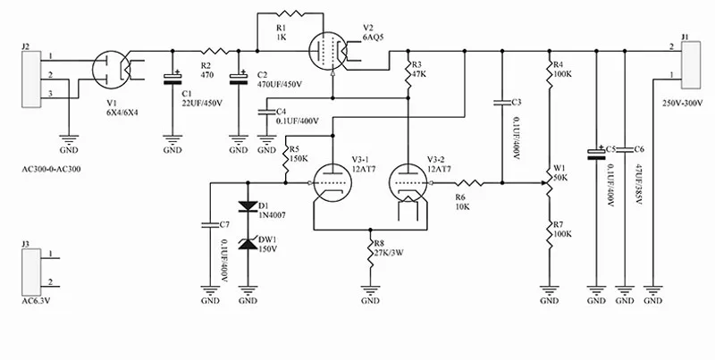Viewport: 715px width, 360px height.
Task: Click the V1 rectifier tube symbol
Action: coord(111,71)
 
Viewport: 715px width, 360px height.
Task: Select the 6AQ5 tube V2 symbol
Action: coord(328,51)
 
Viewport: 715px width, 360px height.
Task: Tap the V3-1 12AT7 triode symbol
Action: coord(332,183)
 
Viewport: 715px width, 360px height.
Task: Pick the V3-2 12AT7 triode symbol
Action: coord(408,183)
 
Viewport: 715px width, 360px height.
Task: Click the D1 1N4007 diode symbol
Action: coord(248,206)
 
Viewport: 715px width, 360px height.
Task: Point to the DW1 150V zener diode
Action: coord(248,244)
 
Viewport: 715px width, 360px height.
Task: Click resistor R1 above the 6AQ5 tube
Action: coord(290,13)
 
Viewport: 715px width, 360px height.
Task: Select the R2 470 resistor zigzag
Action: coord(215,51)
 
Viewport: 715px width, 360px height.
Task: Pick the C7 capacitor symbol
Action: coord(210,224)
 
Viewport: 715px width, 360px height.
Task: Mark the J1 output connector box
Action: coord(690,65)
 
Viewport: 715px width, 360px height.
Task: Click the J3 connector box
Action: coord(31,272)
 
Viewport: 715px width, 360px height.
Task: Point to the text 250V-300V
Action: coord(682,103)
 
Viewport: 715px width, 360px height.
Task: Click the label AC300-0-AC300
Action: coord(51,169)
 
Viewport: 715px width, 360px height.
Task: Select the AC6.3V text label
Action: coord(36,301)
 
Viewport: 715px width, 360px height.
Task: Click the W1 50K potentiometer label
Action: coord(560,173)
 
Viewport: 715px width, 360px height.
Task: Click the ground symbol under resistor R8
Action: coord(370,289)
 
